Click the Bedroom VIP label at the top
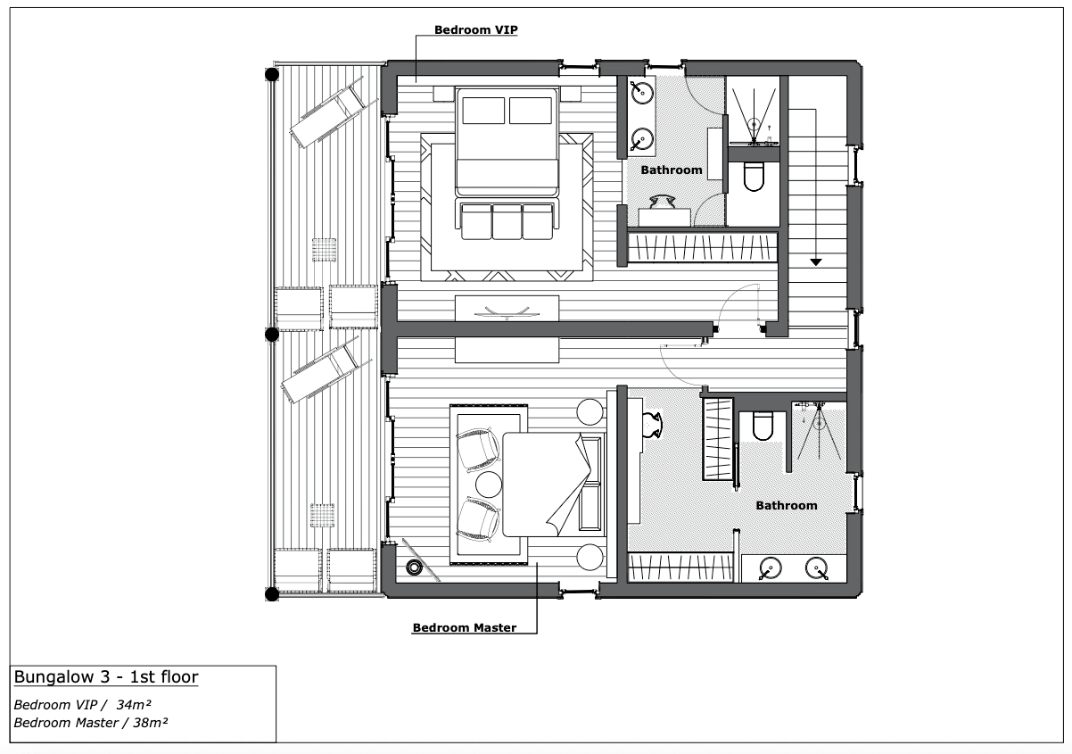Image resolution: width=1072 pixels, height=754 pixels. (x=475, y=29)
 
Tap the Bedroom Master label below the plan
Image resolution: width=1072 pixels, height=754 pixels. (x=465, y=627)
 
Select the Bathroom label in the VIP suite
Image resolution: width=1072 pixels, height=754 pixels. (x=672, y=170)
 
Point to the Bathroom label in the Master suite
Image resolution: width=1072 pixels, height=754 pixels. (x=787, y=506)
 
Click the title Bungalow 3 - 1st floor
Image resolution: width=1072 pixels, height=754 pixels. (x=106, y=677)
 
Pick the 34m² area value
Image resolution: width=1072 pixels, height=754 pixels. (x=134, y=705)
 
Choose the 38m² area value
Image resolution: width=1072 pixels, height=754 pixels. (x=150, y=723)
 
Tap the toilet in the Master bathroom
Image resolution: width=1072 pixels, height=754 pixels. (x=763, y=426)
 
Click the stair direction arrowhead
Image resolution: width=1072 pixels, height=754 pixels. (x=816, y=262)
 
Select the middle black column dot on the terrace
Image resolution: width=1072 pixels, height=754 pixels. (x=272, y=334)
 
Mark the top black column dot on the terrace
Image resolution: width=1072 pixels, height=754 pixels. (x=272, y=75)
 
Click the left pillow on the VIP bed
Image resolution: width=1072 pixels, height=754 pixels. (x=483, y=111)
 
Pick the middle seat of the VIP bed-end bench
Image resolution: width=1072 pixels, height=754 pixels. (x=507, y=221)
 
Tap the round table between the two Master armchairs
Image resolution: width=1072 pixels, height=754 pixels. (x=489, y=485)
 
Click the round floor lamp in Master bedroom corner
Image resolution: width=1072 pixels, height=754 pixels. (x=414, y=568)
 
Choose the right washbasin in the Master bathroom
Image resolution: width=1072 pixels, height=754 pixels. (x=817, y=568)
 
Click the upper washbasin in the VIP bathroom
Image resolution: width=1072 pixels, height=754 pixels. (x=642, y=93)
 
